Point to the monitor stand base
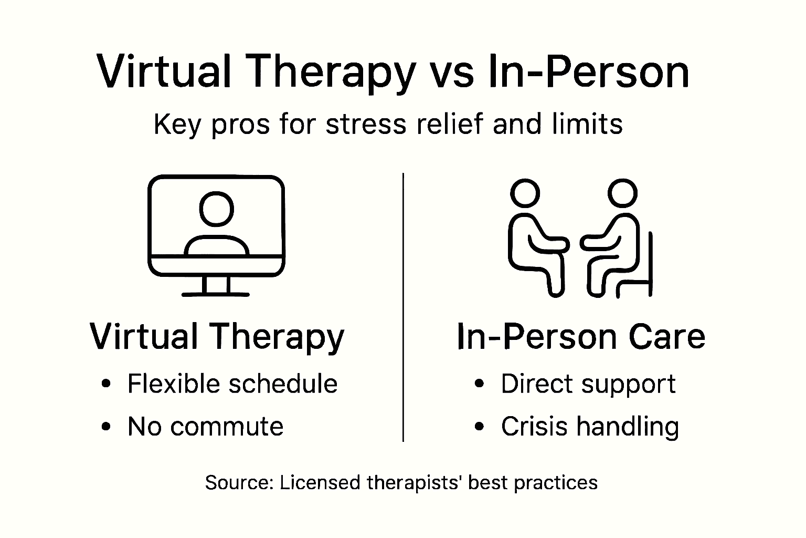[216, 293]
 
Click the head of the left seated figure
[525, 193]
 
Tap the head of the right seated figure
[622, 193]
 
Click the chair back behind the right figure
[650, 263]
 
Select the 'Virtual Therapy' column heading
[217, 336]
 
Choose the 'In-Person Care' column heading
[581, 336]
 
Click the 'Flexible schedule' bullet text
[232, 384]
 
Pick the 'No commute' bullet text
[205, 426]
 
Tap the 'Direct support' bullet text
[588, 384]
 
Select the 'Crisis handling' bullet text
[590, 426]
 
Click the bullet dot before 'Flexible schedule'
[107, 384]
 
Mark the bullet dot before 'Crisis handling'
[479, 426]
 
